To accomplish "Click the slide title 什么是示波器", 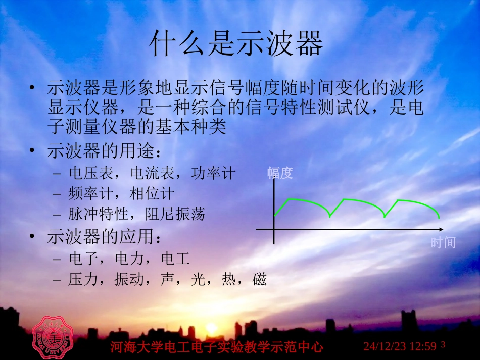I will (236, 45).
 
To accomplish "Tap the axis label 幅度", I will (280, 174).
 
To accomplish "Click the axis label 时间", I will (443, 243).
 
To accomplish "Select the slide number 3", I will (443, 345).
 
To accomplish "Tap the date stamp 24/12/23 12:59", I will (400, 346).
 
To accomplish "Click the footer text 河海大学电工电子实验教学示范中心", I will (216, 347).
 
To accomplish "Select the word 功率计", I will (213, 173).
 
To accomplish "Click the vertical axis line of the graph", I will (274, 212).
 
